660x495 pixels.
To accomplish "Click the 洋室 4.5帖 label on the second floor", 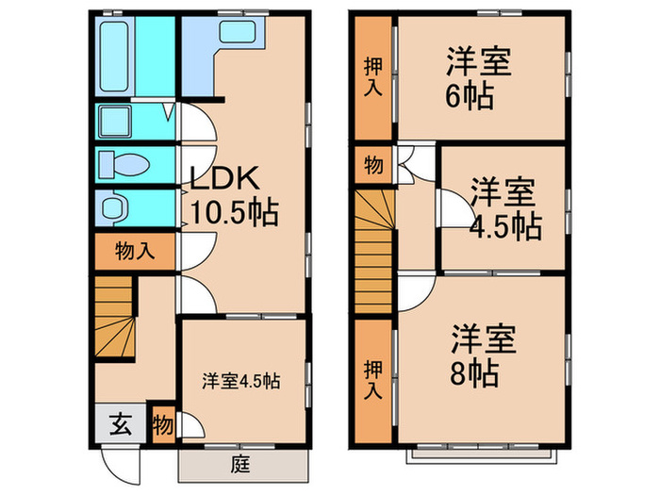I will pos(504,208).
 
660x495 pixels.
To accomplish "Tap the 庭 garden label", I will pos(243,463).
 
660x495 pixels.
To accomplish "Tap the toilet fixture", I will pos(124,163).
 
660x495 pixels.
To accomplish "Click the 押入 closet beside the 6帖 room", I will pos(373,78).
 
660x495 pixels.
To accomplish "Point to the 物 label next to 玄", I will pos(162,423).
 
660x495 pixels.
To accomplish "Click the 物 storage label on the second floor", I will pos(373,166).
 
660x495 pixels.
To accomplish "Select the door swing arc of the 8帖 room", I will pos(416,294).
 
